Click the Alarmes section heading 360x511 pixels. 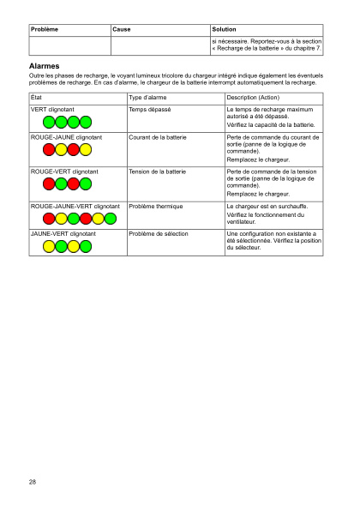tap(43, 65)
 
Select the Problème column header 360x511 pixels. tap(44, 29)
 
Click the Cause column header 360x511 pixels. tap(123, 29)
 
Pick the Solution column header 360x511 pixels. tap(224, 29)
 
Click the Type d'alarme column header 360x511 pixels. tap(147, 99)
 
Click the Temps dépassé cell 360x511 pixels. tap(150, 111)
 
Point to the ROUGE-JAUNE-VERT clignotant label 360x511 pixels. tap(75, 207)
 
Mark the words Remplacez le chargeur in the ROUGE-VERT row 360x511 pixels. tap(257, 195)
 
